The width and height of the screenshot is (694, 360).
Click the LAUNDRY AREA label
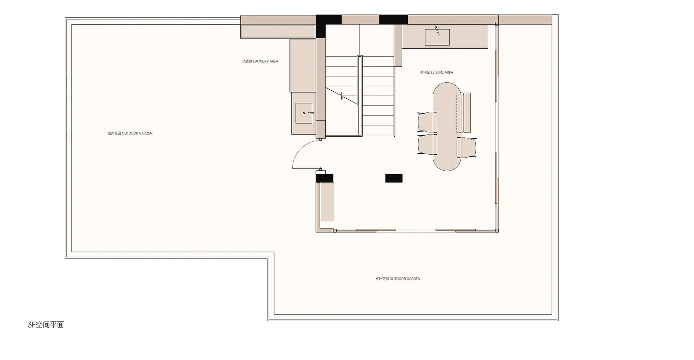click(x=260, y=61)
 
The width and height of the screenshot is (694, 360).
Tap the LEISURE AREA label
click(x=437, y=72)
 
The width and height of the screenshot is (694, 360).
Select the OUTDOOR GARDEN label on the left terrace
click(x=130, y=133)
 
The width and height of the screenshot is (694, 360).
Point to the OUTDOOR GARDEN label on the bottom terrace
click(x=398, y=279)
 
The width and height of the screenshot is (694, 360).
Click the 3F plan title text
click(x=46, y=325)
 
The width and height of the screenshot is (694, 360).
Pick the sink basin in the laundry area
click(x=304, y=113)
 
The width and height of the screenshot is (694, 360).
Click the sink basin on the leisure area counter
click(x=437, y=37)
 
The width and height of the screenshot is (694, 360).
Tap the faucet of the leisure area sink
click(x=437, y=30)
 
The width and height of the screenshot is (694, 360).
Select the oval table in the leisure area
click(x=447, y=127)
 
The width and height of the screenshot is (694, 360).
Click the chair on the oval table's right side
click(x=467, y=148)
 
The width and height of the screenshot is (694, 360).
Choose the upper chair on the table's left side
click(x=427, y=122)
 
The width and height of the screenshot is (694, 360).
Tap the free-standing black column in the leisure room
click(x=394, y=178)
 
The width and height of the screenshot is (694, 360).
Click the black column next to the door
click(x=325, y=178)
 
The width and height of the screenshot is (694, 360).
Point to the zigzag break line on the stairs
click(x=342, y=96)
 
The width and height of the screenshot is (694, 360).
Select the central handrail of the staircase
click(x=360, y=96)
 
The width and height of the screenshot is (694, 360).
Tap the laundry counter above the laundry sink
click(x=303, y=65)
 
